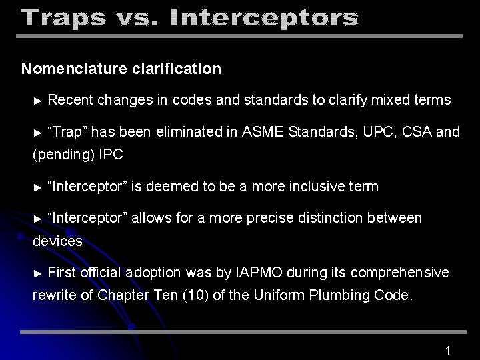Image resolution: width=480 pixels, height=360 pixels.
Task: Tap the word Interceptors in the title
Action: pos(264,18)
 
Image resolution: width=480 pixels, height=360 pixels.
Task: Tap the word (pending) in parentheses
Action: pos(63,155)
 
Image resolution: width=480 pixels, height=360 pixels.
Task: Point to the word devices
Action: pos(57,241)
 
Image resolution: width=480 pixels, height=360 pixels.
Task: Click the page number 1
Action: pos(449,350)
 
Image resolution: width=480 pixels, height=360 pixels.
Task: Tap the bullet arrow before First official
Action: pos(38,273)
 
